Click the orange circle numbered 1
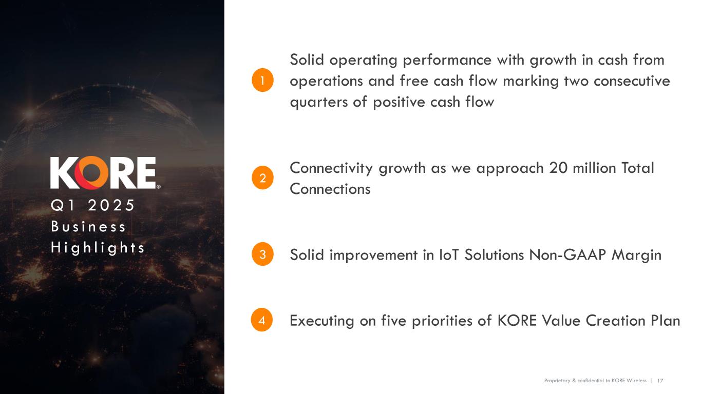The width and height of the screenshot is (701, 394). (262, 81)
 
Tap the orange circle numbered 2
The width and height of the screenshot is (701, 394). (262, 179)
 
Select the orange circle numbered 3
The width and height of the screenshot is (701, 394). (262, 255)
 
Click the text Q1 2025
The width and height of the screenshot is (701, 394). (92, 205)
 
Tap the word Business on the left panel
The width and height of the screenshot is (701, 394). (88, 226)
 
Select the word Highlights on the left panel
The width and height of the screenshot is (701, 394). (98, 248)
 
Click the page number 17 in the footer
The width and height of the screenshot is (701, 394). (660, 381)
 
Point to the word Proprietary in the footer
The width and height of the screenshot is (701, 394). (557, 381)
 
